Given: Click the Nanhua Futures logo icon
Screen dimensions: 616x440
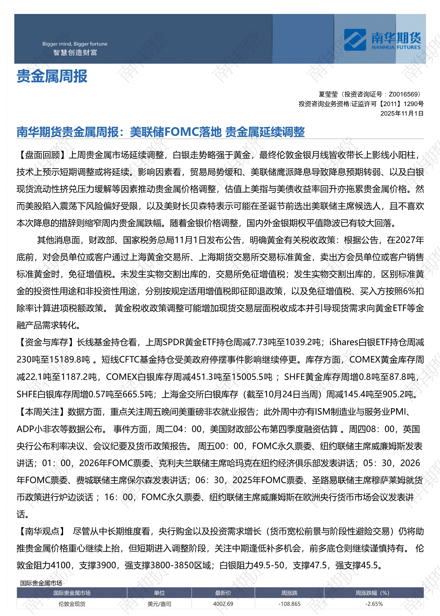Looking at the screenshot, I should pos(354,40).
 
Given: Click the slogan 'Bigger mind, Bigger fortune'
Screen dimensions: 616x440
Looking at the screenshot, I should pos(75,44).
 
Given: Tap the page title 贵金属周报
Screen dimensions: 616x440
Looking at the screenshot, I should pos(52,76).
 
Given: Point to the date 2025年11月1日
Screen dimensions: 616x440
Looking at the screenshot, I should pos(402,113).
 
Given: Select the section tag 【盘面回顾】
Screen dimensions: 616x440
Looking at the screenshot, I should pos(43,155).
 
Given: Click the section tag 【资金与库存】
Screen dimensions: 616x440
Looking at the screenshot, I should pos(47,342).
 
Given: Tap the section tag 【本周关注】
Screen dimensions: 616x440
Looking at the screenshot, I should pos(42,412).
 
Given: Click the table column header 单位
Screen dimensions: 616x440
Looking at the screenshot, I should pos(159,593).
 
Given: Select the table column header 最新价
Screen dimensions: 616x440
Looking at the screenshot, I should pos(223,593).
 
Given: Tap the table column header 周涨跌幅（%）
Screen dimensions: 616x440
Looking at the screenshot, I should pos(372,593).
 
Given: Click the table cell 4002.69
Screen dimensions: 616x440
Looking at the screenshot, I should pos(223,604).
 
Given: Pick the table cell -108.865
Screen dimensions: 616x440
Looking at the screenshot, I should pos(289,604).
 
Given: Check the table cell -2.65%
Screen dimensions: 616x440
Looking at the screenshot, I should pos(374,604).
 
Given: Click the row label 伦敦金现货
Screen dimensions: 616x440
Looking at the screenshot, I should pos(72,604).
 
